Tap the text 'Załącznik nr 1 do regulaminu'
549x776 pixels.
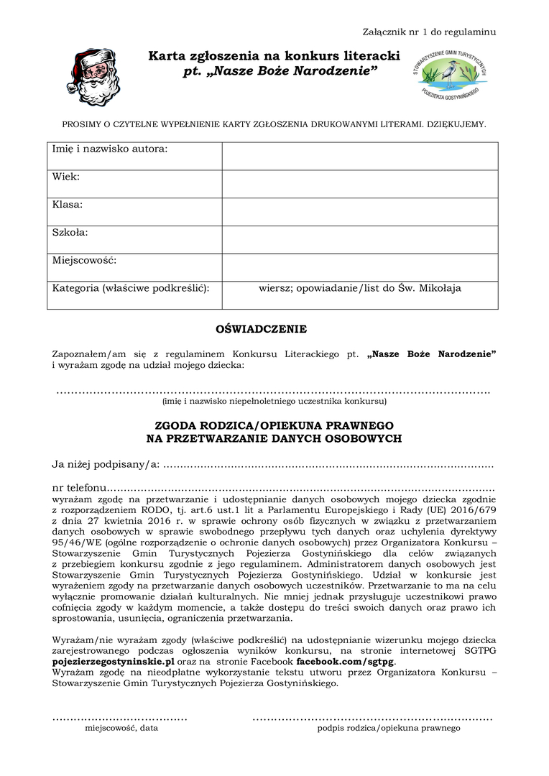429,32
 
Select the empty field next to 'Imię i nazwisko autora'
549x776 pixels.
359,156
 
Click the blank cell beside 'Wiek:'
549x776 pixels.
359,184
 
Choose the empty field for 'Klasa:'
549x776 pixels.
359,211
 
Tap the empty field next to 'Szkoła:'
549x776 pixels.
359,239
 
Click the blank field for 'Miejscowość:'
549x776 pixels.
359,267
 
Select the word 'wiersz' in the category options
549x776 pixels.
274,288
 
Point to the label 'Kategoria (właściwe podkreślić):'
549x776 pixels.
131,288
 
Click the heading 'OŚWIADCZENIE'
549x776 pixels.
261,329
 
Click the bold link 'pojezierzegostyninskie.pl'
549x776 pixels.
114,661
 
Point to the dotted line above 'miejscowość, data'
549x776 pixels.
120,718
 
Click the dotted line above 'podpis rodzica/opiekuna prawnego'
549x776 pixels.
372,718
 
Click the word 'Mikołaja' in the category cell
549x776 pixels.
440,288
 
